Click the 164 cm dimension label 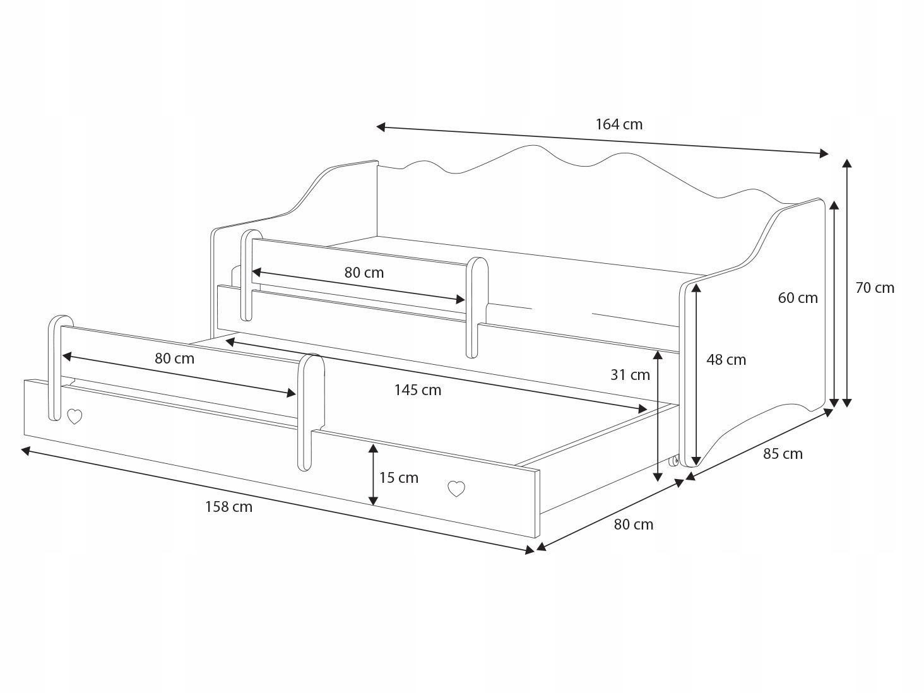tap(619, 124)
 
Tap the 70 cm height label tap(875, 288)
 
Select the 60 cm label tap(798, 298)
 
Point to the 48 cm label tap(726, 360)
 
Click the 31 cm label tap(630, 375)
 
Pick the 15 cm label tap(399, 478)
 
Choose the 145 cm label tap(418, 391)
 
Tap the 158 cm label tap(228, 507)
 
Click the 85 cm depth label tap(783, 454)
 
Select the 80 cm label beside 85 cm tap(634, 524)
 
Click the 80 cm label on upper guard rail tap(364, 273)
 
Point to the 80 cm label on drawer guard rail tap(174, 358)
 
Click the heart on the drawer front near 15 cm tap(456, 489)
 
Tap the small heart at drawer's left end tap(74, 417)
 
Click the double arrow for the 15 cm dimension tap(372, 474)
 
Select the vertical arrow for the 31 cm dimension tap(657, 416)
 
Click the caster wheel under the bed tap(673, 461)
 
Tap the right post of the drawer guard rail tap(311, 412)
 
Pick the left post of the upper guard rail tap(251, 275)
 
